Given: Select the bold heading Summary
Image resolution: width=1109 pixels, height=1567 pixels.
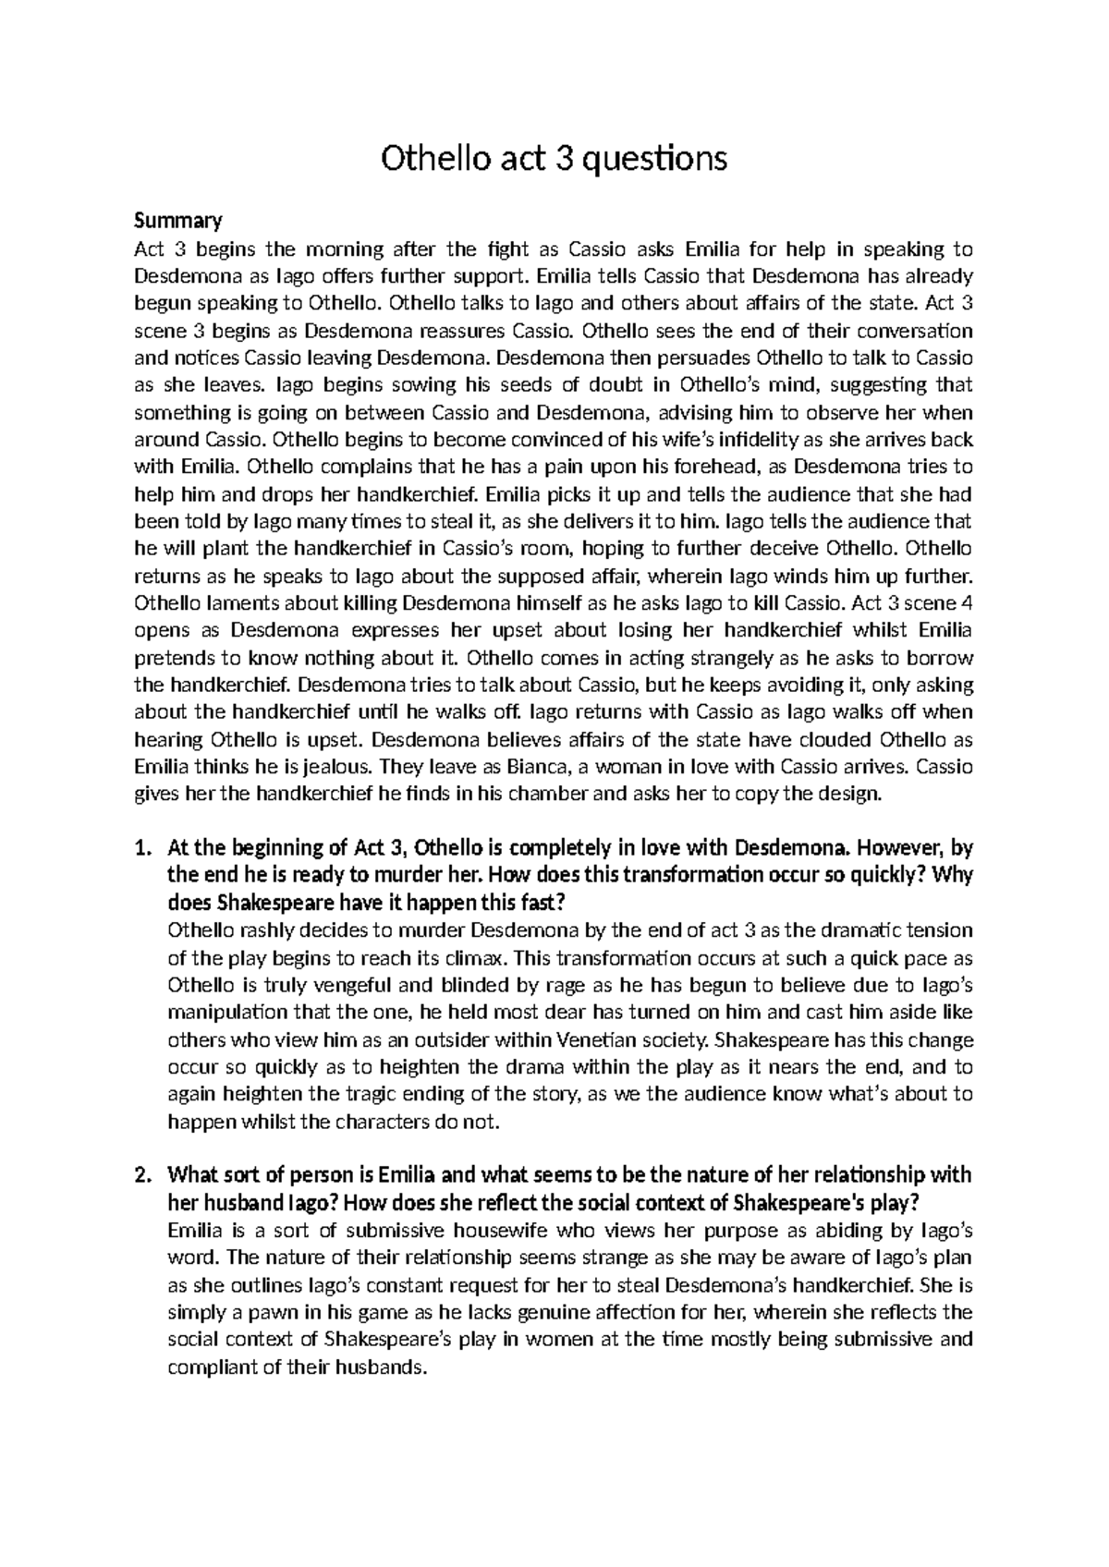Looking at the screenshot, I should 178,221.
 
